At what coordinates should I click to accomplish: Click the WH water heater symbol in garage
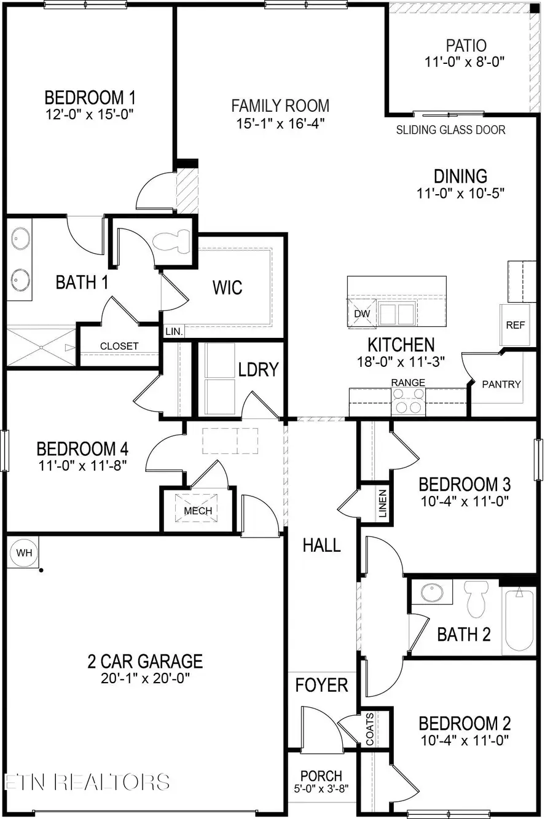24,553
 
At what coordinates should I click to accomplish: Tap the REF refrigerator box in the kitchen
515,325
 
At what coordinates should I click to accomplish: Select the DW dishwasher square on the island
362,313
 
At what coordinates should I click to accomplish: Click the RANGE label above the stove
408,383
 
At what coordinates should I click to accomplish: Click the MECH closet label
198,511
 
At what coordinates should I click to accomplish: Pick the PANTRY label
501,384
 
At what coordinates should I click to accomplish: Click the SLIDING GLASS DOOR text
450,130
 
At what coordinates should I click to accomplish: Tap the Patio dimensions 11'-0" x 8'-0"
466,62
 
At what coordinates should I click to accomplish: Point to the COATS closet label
370,729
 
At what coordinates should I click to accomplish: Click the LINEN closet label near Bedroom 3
382,503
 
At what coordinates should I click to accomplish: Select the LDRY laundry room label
259,369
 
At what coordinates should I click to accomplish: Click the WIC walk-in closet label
227,287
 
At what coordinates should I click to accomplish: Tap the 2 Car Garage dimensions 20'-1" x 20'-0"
144,679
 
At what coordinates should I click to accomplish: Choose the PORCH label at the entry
321,776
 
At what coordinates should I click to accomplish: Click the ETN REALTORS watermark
87,782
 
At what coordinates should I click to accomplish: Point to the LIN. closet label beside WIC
174,331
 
